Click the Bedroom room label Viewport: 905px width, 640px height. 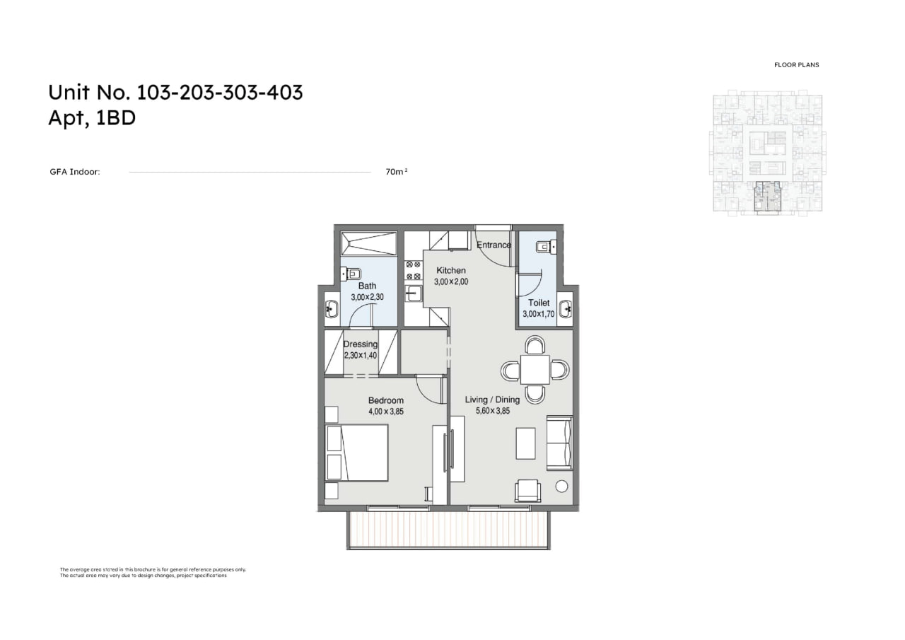coord(385,400)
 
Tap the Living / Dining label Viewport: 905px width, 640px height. coord(492,400)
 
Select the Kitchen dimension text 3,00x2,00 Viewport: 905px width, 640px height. coord(451,281)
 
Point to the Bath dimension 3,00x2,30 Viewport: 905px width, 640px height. coord(367,297)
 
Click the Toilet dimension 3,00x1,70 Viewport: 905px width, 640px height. coord(538,314)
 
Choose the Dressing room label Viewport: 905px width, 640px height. coord(361,344)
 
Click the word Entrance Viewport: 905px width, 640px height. coord(494,245)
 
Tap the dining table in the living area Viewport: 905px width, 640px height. coord(535,370)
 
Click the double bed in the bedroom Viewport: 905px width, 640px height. coord(357,453)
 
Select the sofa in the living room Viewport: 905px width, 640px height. coord(559,443)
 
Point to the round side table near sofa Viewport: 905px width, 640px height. coord(561,487)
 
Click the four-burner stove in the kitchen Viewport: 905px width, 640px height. coord(413,271)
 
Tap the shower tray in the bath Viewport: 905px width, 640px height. coord(369,243)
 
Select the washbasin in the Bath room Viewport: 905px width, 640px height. coord(332,310)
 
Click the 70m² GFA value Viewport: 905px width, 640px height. coord(397,172)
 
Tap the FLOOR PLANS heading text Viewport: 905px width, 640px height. coord(796,64)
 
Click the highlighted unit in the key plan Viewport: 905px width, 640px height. coord(768,197)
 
